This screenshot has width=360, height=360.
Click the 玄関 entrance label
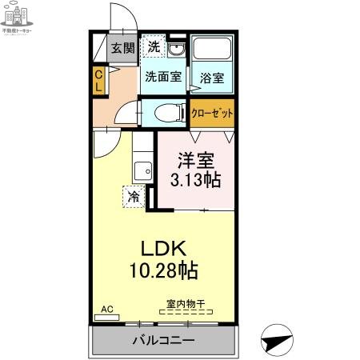[122, 49]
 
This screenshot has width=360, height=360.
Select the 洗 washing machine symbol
[154, 47]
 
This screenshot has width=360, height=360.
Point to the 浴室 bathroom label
[211, 78]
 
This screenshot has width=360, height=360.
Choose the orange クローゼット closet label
[212, 113]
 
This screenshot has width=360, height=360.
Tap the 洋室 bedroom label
[195, 159]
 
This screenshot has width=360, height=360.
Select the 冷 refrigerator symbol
[133, 195]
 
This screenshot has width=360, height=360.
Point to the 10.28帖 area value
[164, 270]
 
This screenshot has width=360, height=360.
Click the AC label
[106, 307]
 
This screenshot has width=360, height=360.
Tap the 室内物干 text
[186, 304]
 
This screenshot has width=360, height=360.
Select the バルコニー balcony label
[163, 340]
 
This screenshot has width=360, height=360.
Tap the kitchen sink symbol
[142, 170]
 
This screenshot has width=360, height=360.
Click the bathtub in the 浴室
[211, 54]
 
